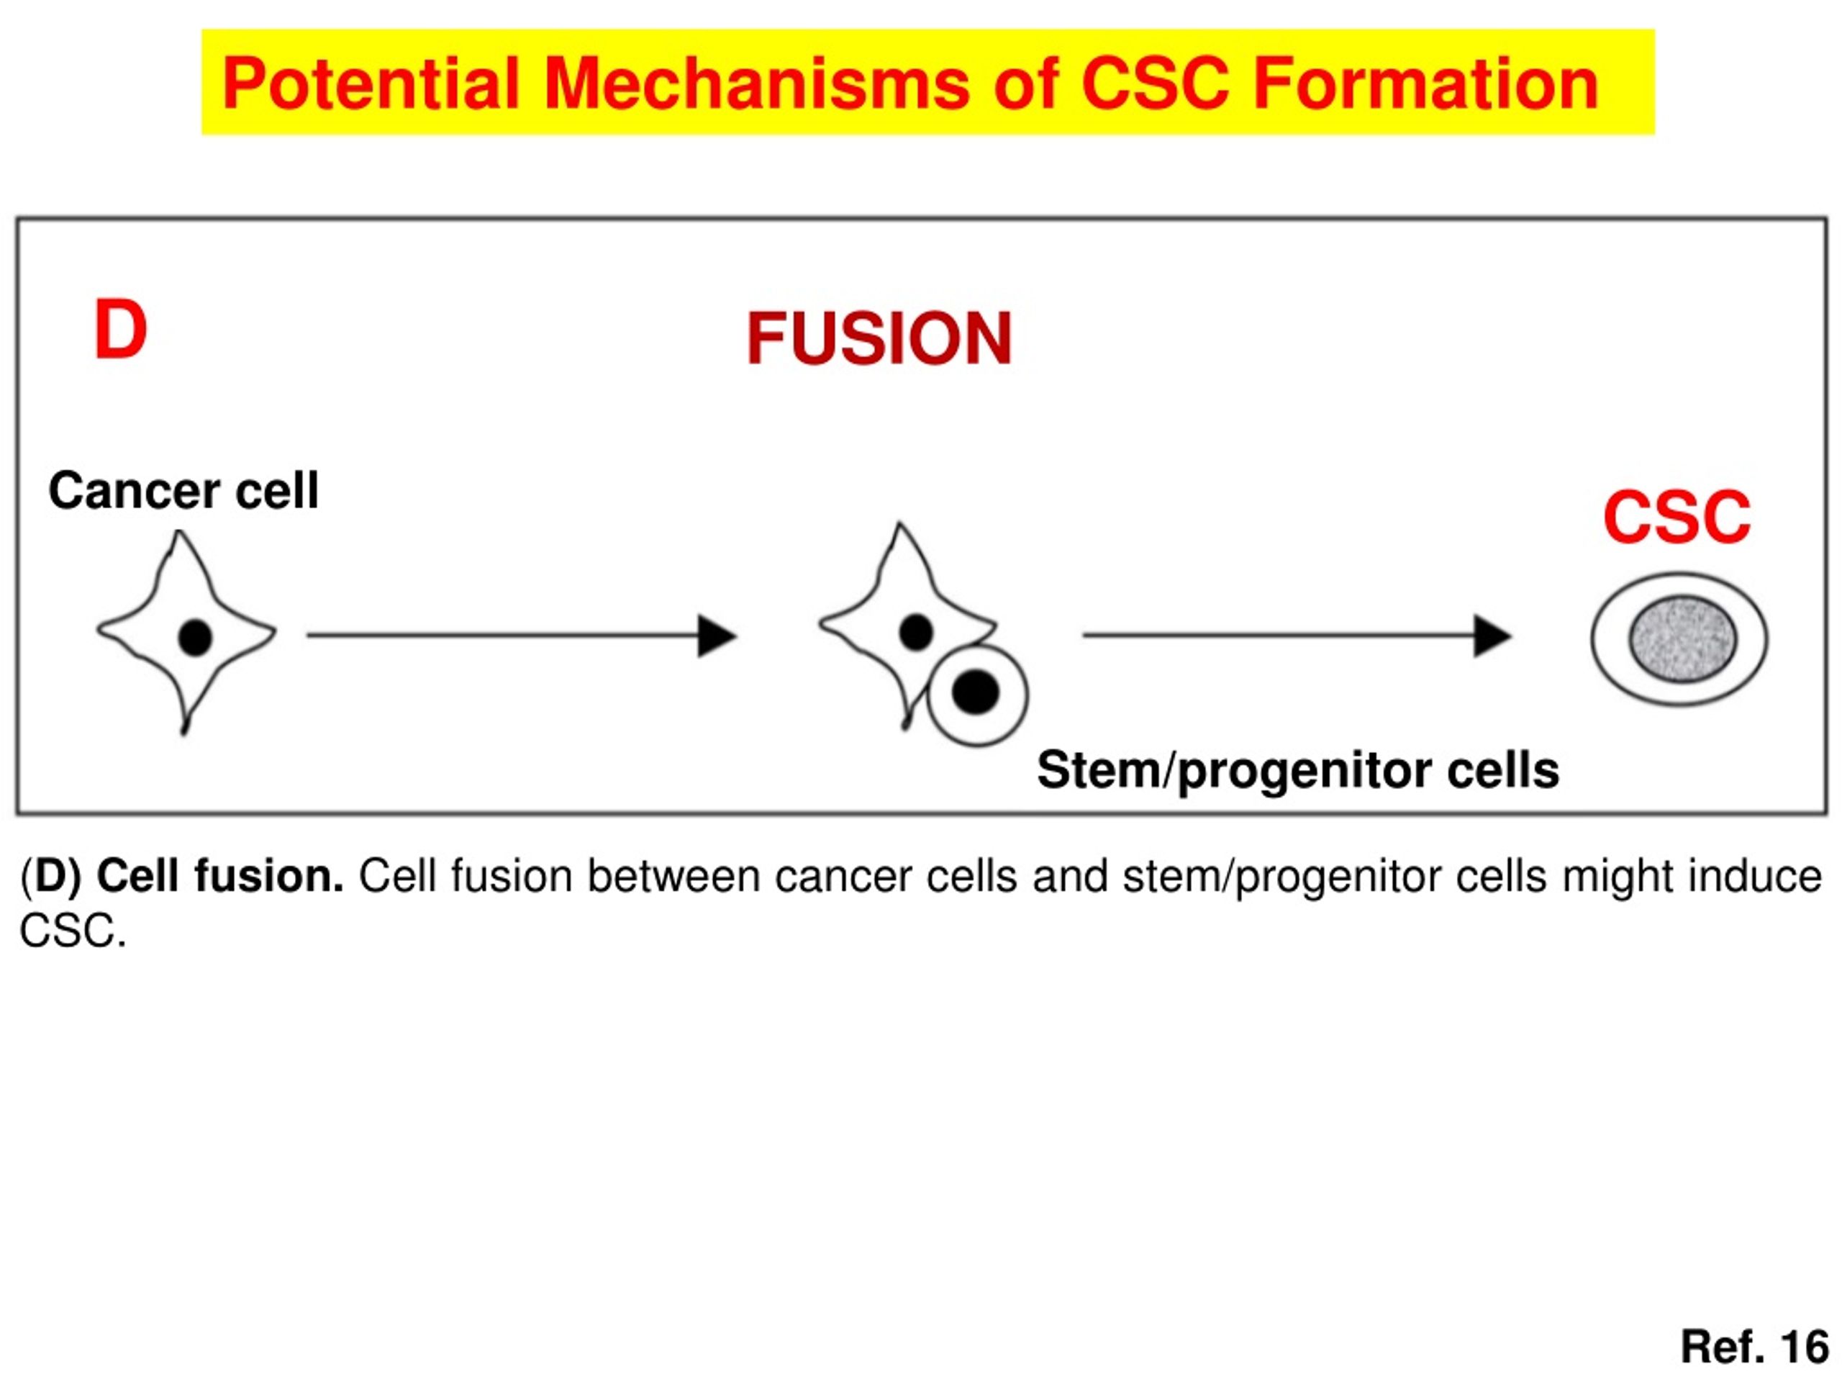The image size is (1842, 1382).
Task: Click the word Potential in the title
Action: click(x=371, y=83)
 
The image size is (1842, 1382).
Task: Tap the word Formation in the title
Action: click(x=1425, y=83)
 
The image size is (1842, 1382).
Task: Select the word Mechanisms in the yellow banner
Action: click(x=756, y=83)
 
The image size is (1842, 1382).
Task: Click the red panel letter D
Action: click(x=121, y=330)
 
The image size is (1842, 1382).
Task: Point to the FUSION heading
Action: click(x=879, y=338)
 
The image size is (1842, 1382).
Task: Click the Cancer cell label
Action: click(x=184, y=490)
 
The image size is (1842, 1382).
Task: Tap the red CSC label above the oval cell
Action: click(x=1677, y=517)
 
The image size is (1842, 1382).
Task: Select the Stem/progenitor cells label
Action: click(x=1297, y=769)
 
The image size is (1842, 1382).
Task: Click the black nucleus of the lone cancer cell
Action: click(x=195, y=638)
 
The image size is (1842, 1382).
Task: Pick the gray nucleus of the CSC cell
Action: click(x=1683, y=639)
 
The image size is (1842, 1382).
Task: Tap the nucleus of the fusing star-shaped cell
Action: click(x=916, y=632)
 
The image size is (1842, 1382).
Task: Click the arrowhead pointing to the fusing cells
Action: click(x=717, y=636)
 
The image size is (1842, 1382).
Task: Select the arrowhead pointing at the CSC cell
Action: click(x=1492, y=636)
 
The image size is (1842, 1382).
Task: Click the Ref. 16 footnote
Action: click(x=1754, y=1346)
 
